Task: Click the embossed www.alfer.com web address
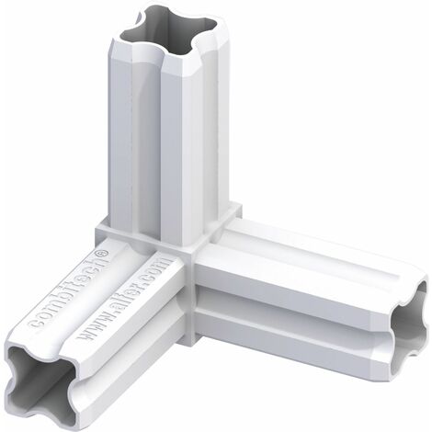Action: point(122,300)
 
